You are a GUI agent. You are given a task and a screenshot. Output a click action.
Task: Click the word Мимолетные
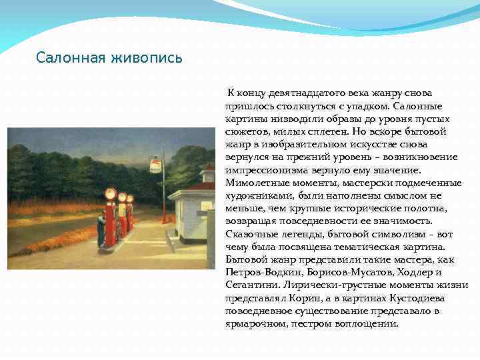257,183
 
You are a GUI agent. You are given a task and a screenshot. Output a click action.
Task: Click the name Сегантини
250,285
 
